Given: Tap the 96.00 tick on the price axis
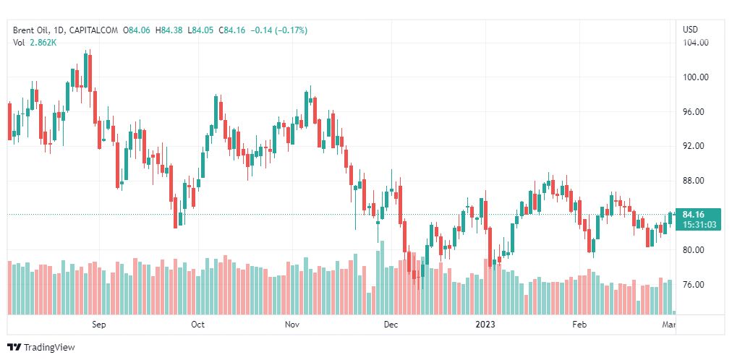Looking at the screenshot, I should point(696,112).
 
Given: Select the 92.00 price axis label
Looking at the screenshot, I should point(696,146).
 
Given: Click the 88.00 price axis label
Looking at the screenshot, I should point(696,181).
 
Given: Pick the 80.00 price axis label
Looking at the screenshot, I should point(696,250).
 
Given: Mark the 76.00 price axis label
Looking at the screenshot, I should point(696,285).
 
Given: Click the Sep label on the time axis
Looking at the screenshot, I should point(99,325).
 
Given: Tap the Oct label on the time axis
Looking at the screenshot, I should point(197,325).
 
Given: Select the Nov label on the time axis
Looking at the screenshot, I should point(292,325).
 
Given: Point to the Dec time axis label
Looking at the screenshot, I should point(391,325).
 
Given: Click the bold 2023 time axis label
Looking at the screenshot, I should point(485,325).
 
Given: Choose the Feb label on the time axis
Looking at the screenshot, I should point(579,325).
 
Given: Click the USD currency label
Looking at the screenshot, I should point(691,30).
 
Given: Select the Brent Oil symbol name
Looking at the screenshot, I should point(32,30).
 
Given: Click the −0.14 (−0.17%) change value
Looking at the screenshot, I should point(278,30).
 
